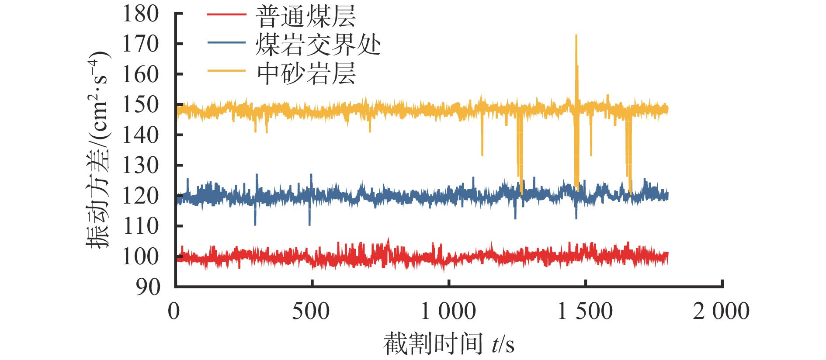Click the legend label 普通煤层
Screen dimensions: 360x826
[x=305, y=17]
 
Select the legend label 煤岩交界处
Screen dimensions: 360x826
[x=318, y=44]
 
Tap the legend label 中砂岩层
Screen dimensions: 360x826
[x=305, y=73]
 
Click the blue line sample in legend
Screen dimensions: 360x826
[x=226, y=42]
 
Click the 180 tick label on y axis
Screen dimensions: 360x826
[x=140, y=14]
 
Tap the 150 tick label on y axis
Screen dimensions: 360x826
[x=140, y=105]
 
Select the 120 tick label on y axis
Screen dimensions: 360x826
[x=140, y=196]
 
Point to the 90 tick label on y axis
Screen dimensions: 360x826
[x=148, y=287]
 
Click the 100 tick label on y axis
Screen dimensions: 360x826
[x=140, y=256]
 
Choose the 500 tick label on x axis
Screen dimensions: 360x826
[x=311, y=312]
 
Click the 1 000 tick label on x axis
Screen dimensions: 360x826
[x=448, y=312]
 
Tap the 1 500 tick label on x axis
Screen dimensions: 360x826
[x=585, y=312]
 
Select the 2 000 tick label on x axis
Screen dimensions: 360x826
[x=721, y=312]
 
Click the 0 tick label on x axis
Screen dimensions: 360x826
[x=174, y=312]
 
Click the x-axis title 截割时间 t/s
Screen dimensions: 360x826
[x=449, y=344]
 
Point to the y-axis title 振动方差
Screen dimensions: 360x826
[x=98, y=150]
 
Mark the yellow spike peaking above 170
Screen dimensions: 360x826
[x=576, y=37]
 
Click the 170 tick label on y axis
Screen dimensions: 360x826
[x=140, y=44]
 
